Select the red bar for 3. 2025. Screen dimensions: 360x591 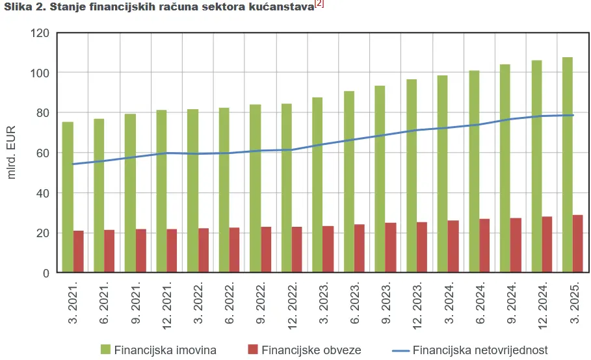(x=578, y=244)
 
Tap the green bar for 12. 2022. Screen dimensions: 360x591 (x=287, y=188)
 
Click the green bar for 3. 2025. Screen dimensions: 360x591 (x=568, y=165)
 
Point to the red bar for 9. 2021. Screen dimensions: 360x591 (x=141, y=251)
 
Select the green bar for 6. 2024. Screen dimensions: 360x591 (x=474, y=172)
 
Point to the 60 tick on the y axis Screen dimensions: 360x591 (x=43, y=153)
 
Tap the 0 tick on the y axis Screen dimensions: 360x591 (x=46, y=273)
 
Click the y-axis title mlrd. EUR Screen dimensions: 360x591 (x=12, y=153)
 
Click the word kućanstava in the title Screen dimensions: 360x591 (x=281, y=8)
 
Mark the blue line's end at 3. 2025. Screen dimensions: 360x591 (x=573, y=115)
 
